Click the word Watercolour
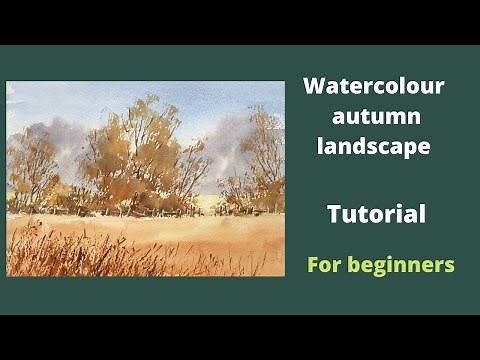coord(373,87)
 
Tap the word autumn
coord(373,117)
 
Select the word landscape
coord(373,146)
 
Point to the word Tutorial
coord(376,213)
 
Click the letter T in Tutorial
coord(334,213)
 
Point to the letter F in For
coord(313,266)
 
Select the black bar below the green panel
coord(240,338)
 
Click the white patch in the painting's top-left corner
coord(12,90)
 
